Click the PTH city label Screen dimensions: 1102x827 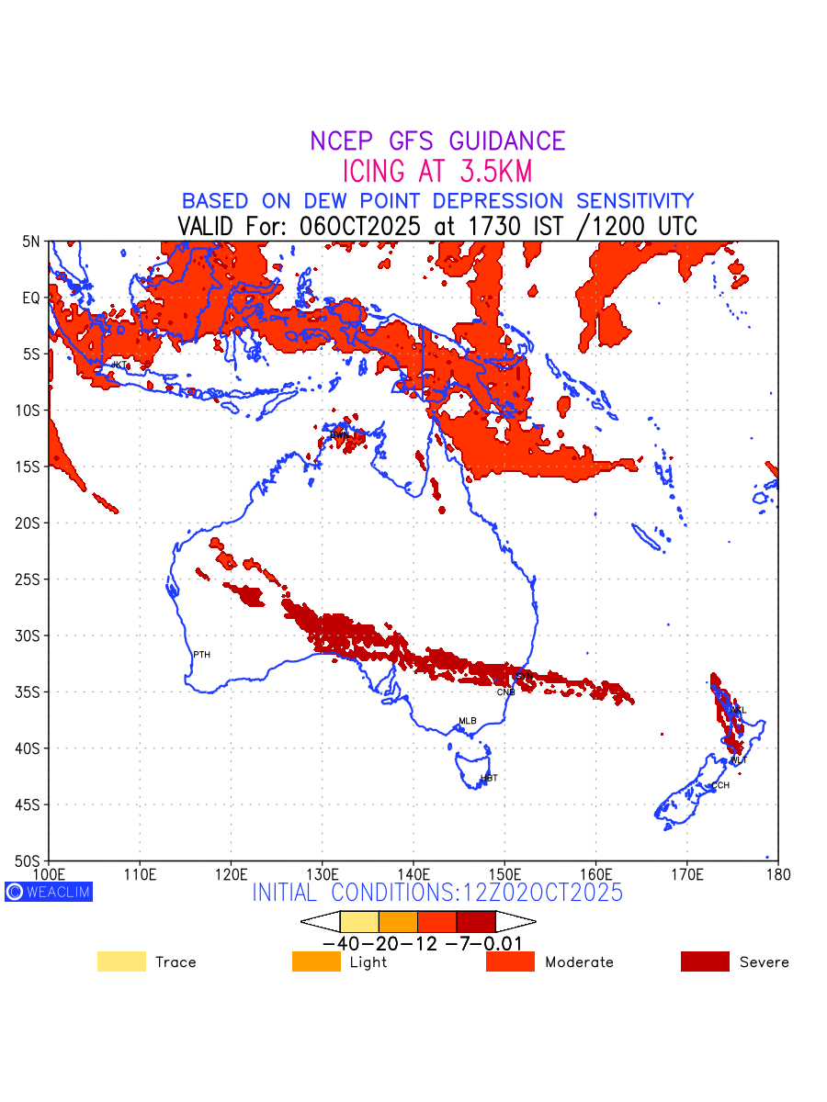[201, 655]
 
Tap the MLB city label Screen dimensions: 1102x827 [468, 721]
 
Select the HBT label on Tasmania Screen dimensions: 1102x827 [489, 778]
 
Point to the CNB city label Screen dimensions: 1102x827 [505, 692]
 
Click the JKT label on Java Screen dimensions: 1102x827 [119, 365]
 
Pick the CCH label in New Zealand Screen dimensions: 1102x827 [720, 785]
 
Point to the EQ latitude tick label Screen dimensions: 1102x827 [31, 298]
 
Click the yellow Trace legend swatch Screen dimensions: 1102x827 [121, 961]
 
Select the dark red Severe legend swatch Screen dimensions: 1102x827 [705, 961]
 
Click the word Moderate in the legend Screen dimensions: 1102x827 [579, 962]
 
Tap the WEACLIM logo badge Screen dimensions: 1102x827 [49, 891]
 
